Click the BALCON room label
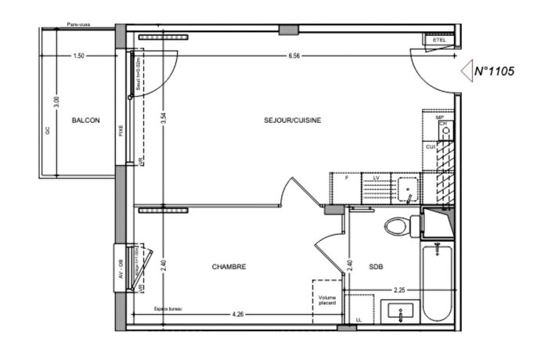(85, 121)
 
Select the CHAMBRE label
(229, 267)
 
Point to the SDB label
(377, 267)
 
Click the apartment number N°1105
(493, 71)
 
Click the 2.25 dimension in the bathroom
(398, 290)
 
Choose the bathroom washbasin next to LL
(401, 312)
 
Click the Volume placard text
(327, 301)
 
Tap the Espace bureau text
(168, 308)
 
